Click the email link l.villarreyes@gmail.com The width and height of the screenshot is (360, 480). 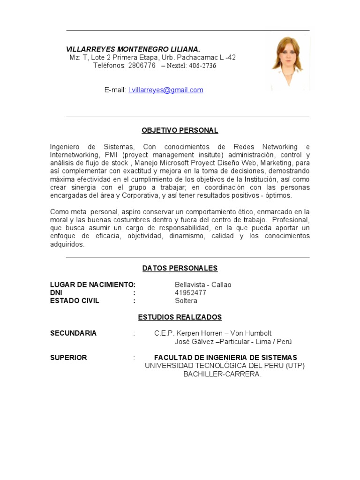[x=165, y=90]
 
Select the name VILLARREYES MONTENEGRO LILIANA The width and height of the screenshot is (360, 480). [x=133, y=49]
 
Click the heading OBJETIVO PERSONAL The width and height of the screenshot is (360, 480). [x=180, y=130]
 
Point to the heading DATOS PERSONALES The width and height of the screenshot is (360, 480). [x=180, y=268]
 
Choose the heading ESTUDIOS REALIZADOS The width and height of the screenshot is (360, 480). [x=180, y=317]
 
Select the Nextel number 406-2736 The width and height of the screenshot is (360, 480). [x=202, y=66]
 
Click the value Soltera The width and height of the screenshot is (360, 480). [x=186, y=301]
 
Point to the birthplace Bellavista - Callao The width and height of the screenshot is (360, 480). [x=203, y=285]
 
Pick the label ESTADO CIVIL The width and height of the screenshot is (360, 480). [x=75, y=301]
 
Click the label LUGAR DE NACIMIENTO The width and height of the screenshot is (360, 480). [x=92, y=285]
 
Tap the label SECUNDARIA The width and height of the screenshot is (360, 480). [x=73, y=333]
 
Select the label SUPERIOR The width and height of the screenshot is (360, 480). [x=68, y=358]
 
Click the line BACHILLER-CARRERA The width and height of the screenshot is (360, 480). [x=223, y=374]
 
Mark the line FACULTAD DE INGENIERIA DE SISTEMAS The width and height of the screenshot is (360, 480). [x=225, y=358]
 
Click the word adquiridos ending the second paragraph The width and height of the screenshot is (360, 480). [x=67, y=244]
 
